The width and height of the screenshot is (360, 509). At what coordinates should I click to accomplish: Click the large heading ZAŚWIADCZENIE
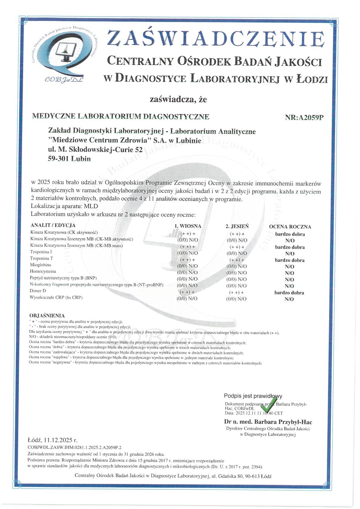[x=215, y=38]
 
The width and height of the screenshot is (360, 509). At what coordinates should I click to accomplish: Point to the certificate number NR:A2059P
[x=304, y=117]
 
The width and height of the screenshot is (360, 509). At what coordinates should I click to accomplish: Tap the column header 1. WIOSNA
[x=188, y=226]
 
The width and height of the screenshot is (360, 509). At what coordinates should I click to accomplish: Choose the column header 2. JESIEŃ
[x=237, y=226]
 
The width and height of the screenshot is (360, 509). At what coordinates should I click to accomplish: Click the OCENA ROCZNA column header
[x=290, y=227]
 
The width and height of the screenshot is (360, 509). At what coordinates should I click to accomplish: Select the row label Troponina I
[x=41, y=252]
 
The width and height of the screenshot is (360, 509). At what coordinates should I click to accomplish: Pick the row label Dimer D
[x=38, y=291]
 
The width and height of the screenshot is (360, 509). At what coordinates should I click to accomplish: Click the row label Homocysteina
[x=43, y=272]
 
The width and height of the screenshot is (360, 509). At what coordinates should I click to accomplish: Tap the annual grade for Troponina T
[x=290, y=260]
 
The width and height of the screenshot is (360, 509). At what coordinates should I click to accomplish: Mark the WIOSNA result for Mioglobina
[x=187, y=266]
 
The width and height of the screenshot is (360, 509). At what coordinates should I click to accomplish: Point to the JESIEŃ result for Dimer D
[x=236, y=293]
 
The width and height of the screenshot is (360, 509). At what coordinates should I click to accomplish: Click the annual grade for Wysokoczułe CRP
[x=289, y=299]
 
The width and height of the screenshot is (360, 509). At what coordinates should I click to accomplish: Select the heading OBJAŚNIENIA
[x=47, y=316]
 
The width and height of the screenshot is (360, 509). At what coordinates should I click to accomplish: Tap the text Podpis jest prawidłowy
[x=253, y=396]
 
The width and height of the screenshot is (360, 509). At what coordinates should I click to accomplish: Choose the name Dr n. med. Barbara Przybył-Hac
[x=268, y=422]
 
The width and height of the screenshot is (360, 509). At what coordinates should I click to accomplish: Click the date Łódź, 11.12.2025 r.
[x=52, y=440]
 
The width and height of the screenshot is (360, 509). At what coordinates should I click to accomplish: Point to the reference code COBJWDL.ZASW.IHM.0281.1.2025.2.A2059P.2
[x=74, y=448]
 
